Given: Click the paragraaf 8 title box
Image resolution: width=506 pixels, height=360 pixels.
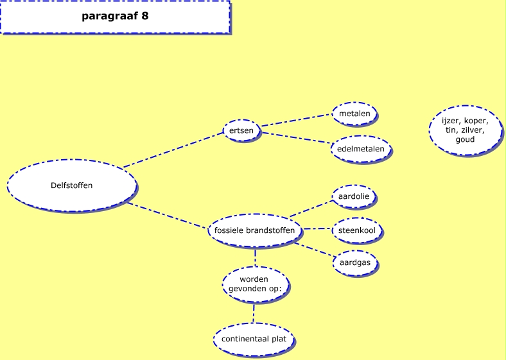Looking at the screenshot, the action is [115, 17].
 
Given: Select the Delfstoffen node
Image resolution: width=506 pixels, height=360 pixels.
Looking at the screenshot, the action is [72, 185].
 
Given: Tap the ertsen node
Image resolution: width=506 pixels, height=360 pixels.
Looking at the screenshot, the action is [241, 130].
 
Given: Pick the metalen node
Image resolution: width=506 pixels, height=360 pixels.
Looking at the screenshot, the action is [354, 114].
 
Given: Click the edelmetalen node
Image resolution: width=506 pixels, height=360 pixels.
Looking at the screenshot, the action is [360, 149].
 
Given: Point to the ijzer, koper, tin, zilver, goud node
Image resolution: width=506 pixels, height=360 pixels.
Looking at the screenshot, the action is [465, 130].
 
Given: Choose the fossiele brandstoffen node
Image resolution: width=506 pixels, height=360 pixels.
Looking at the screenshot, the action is [256, 230].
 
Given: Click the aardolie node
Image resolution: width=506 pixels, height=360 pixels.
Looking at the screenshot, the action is [354, 196].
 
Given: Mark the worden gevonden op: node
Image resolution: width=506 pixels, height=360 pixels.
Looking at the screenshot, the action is [254, 284].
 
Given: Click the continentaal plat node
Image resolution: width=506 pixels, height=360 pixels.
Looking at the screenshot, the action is [254, 339].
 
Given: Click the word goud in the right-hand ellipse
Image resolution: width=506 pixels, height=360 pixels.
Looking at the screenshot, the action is [465, 139].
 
